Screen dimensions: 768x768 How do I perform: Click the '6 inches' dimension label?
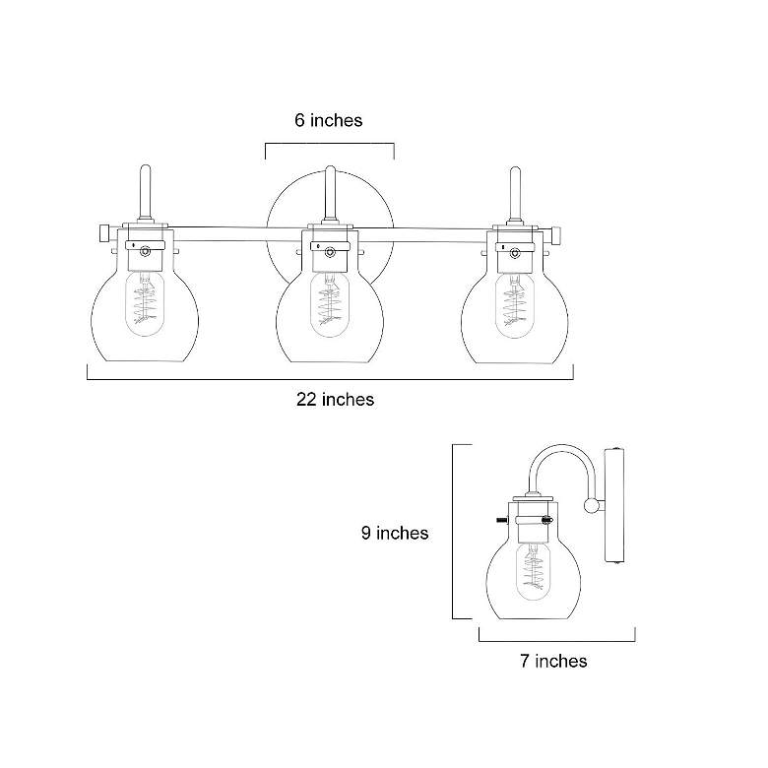(328, 120)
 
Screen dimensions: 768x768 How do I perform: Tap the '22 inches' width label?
(335, 399)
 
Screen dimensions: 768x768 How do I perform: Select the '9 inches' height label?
(394, 533)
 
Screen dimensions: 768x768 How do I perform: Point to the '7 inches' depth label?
(553, 661)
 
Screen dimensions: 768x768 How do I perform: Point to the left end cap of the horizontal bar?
(102, 233)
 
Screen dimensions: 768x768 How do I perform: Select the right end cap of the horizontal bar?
(556, 233)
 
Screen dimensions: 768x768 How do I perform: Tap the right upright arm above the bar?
(513, 192)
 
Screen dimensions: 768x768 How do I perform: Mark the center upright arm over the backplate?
(331, 192)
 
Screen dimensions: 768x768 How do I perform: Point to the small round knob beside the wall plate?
(591, 506)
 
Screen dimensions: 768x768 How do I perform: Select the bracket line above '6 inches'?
(330, 144)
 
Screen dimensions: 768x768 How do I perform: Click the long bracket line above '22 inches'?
(331, 378)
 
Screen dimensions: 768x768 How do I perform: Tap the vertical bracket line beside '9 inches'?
(453, 532)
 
